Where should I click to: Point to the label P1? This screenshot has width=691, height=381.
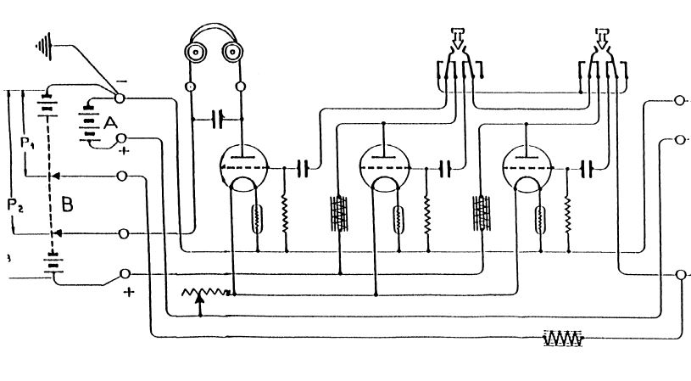[x=28, y=144]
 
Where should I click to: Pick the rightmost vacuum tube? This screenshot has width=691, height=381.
[x=525, y=167]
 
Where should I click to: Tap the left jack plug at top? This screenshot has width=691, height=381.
[x=459, y=42]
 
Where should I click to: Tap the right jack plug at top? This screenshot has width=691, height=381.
[x=602, y=42]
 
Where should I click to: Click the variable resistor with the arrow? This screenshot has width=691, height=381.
[x=206, y=294]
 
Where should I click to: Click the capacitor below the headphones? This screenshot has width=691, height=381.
[x=219, y=118]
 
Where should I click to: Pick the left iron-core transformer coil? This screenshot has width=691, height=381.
[x=339, y=212]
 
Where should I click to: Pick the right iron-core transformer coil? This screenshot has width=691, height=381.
[x=482, y=212]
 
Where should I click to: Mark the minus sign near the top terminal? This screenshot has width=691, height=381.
[x=123, y=81]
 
